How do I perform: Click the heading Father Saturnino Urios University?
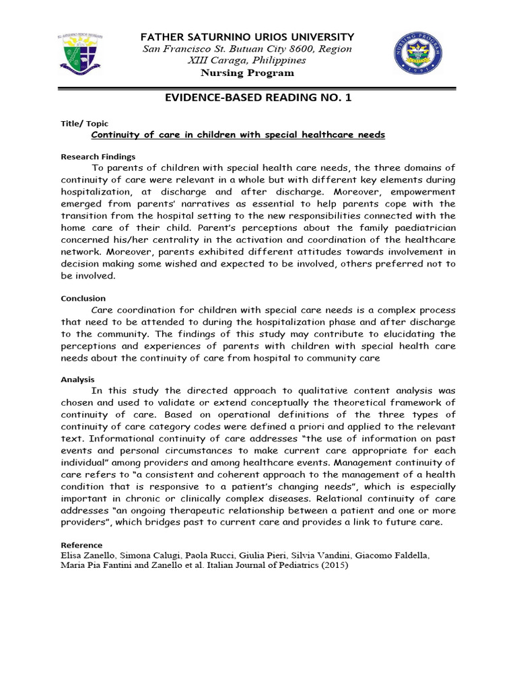(x=246, y=36)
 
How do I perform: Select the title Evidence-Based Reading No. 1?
(x=258, y=98)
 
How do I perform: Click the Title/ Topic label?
(x=85, y=124)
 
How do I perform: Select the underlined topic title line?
(x=238, y=135)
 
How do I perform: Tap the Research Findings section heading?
(x=98, y=157)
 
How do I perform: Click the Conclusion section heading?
(x=83, y=298)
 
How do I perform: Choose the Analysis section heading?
(x=77, y=379)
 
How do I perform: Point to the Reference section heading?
(x=81, y=545)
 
